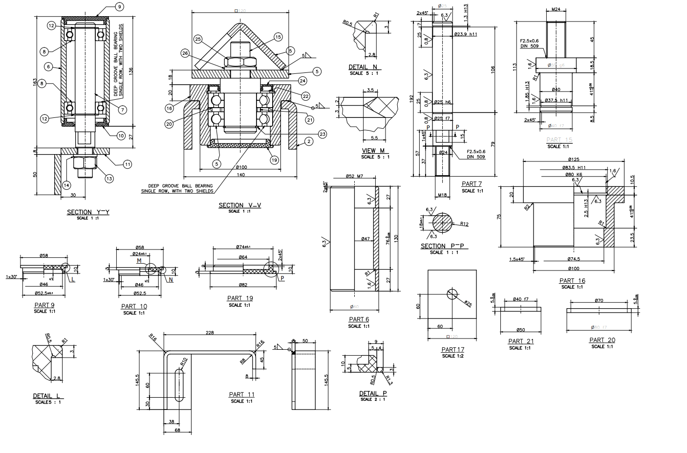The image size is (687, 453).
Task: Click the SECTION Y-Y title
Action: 88,212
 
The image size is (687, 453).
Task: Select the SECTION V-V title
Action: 239,205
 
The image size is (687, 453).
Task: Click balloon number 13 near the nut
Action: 109,179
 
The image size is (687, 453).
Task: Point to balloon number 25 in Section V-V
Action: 198,39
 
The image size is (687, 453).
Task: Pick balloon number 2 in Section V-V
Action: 308,142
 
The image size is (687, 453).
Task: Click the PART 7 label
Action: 472,184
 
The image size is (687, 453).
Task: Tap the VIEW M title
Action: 373,151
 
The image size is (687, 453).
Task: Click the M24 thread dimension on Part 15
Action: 556,9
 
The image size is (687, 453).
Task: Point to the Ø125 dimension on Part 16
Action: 574,159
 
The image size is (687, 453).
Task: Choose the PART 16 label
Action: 572,281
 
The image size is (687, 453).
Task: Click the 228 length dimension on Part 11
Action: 210,333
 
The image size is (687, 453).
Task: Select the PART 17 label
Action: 452,350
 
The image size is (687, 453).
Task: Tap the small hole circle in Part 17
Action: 452,294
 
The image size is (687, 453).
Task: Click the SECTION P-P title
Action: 444,246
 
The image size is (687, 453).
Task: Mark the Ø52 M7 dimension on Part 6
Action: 354,176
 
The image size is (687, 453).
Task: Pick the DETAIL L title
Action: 48,396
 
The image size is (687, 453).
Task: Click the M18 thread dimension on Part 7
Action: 442,195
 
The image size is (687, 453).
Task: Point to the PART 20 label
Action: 602,340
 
